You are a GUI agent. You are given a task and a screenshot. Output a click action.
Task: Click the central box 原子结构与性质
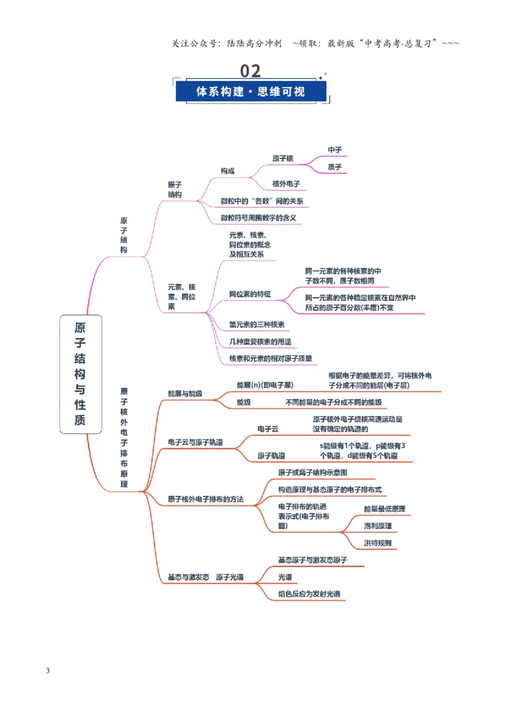click(80, 374)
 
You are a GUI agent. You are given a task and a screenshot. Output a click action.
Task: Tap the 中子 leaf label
click(335, 150)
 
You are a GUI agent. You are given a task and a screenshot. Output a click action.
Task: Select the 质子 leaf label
click(335, 167)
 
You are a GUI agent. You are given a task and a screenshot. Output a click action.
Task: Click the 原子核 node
click(283, 159)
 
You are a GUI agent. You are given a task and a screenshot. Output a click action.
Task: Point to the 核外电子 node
click(286, 184)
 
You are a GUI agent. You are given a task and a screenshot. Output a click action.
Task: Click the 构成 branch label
click(228, 171)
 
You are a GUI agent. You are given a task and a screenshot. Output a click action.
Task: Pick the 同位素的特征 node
click(250, 294)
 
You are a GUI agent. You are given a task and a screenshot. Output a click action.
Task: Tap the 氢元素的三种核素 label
click(257, 325)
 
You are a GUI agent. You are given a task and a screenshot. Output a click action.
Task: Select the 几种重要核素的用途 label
click(260, 341)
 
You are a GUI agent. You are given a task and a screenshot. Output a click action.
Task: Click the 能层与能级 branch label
click(185, 394)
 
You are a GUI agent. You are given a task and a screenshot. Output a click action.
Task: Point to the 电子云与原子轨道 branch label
click(195, 442)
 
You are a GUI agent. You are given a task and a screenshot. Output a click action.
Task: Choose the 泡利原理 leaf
click(378, 526)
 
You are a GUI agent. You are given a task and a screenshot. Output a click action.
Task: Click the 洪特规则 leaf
click(378, 543)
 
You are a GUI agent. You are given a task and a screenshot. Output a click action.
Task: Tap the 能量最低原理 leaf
click(385, 509)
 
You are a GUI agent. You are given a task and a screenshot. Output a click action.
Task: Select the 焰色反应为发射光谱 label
click(309, 594)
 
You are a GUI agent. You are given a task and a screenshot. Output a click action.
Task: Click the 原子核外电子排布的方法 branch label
click(206, 499)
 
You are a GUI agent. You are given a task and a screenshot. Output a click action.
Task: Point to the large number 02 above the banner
click(250, 71)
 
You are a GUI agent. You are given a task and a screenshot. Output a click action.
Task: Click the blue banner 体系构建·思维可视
click(250, 91)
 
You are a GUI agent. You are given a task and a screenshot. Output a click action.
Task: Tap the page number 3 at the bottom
click(47, 671)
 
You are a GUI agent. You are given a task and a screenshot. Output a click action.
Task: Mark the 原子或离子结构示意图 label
click(312, 473)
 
